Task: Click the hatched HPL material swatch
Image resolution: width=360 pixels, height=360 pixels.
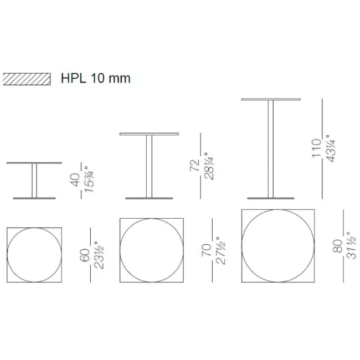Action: tap(26, 78)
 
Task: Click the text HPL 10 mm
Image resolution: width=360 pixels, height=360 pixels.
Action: tap(95, 78)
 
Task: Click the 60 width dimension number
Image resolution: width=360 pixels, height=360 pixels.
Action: tap(85, 255)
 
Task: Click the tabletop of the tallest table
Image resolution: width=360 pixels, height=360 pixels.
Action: tap(271, 99)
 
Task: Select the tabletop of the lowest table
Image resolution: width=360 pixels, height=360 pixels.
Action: tap(34, 163)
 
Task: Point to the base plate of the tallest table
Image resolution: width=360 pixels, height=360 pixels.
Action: tap(271, 198)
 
